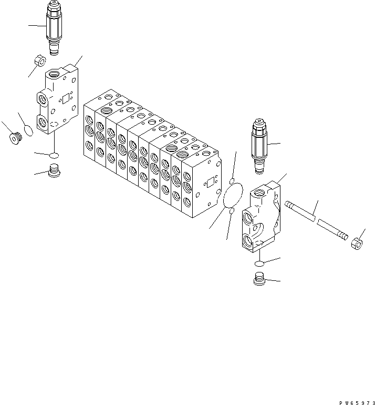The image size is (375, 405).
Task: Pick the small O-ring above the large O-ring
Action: pyautogui.click(x=232, y=181)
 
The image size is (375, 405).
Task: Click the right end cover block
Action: pyautogui.click(x=263, y=216)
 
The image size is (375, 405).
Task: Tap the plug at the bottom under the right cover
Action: pyautogui.click(x=258, y=280)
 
